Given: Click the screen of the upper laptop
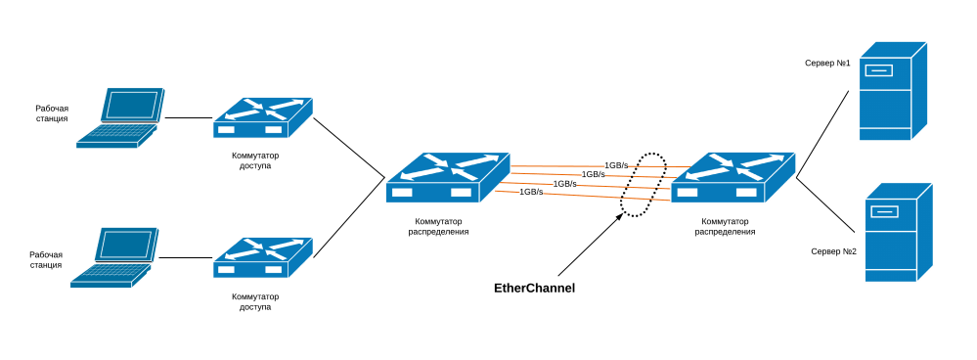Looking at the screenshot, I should tap(132, 105).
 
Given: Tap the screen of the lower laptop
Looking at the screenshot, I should tap(126, 245).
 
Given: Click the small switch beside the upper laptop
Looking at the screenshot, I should tap(262, 116).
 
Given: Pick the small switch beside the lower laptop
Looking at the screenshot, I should tap(262, 256).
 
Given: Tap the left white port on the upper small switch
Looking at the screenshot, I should tap(226, 129).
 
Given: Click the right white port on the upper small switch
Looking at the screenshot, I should tap(274, 129).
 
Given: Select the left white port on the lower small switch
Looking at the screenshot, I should tap(226, 269).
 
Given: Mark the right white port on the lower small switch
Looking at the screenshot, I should tap(274, 269).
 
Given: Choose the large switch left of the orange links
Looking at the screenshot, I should tap(447, 177).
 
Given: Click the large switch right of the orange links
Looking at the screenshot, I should tap(733, 177).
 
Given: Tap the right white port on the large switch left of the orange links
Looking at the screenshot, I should tap(461, 193).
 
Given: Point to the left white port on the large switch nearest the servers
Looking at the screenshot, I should tap(688, 193).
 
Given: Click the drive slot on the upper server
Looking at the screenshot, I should tap(878, 70).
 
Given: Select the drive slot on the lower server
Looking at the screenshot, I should tap(884, 211).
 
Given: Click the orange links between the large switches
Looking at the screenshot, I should tap(590, 180).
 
